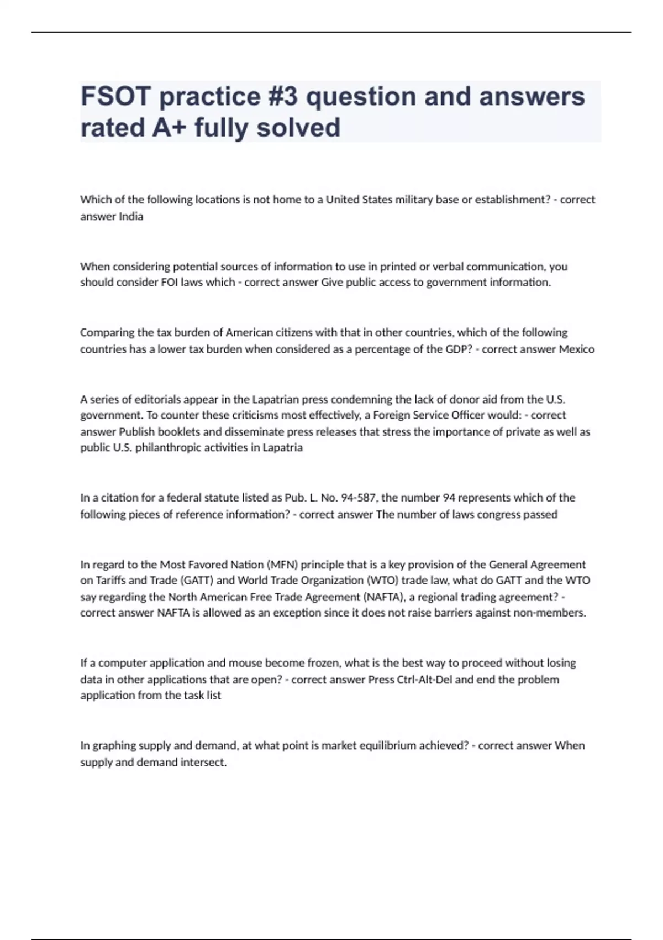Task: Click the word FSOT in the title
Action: (x=116, y=96)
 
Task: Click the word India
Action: (x=131, y=216)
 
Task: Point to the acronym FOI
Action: (x=169, y=282)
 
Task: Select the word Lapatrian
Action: (x=275, y=399)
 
